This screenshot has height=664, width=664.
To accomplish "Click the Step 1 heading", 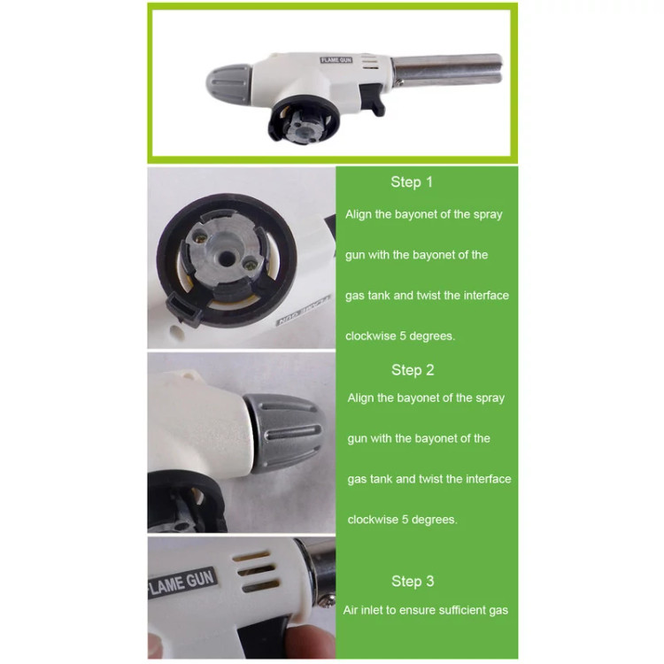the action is [412, 182].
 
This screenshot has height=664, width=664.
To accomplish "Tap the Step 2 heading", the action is [413, 370].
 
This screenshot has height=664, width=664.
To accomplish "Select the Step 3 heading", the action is [413, 581].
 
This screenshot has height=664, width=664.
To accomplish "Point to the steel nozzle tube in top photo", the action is [447, 69].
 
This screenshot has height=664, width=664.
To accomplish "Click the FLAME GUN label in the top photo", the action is [336, 60].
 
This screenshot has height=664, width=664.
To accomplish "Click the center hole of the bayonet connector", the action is [228, 258].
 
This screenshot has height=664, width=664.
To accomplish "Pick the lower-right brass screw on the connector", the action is [251, 265].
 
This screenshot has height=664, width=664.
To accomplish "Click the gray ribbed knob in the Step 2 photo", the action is [284, 432].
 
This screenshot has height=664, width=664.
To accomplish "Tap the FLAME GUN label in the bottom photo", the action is [183, 582].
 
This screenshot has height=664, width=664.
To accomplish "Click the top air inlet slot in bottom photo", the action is [251, 557].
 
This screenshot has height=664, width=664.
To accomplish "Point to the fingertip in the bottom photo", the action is [308, 642].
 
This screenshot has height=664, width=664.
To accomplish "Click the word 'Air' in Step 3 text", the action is [350, 610].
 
